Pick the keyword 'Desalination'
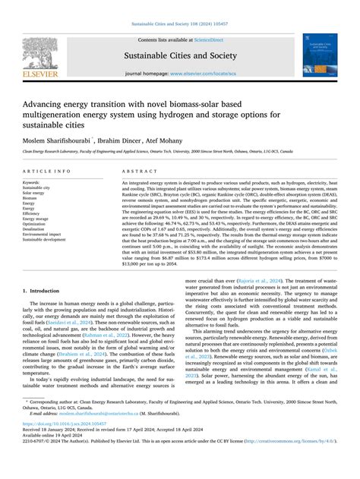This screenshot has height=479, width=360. click(x=38, y=230)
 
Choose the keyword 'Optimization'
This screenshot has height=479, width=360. click(x=39, y=224)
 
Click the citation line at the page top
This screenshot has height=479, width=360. click(x=180, y=25)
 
